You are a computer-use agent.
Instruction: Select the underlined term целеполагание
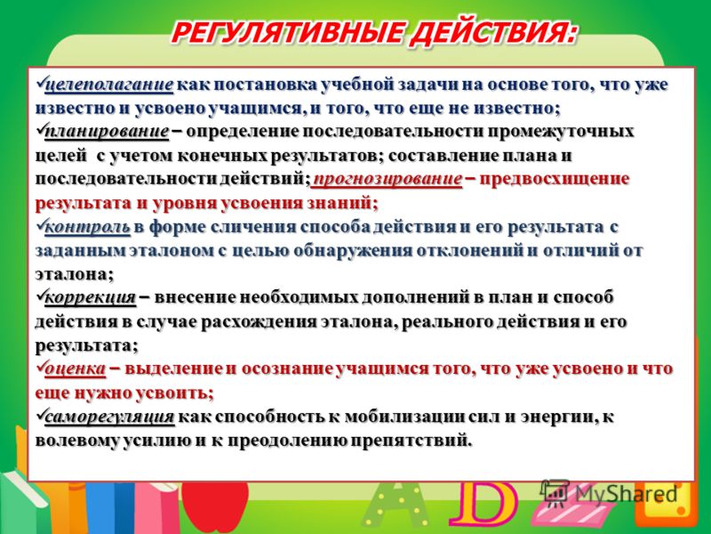coord(109,85)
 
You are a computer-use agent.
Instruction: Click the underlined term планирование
coord(107,132)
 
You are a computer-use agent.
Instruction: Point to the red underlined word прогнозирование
coord(387,179)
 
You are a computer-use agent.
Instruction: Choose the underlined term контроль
coord(87,227)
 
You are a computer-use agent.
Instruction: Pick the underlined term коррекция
coord(91,298)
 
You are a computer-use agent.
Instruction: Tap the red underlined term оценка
coord(76,368)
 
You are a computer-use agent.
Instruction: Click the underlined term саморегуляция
coord(109,417)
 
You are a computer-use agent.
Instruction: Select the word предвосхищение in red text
coord(555,179)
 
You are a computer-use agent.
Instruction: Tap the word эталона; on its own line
coord(75,274)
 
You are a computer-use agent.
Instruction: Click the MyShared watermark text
coord(627,494)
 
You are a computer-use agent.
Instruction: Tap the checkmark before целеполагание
coord(40,82)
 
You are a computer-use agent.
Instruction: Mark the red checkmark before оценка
coord(40,366)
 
